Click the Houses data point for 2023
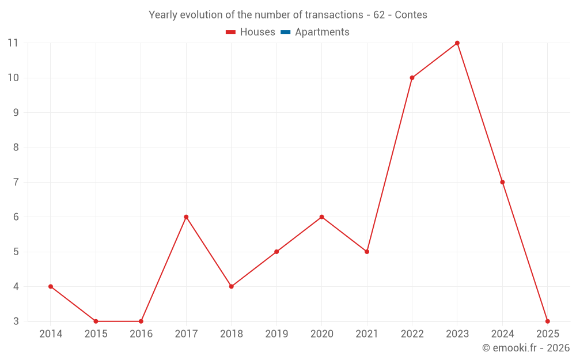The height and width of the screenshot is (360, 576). tap(457, 43)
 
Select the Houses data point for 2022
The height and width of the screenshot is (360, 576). tap(412, 78)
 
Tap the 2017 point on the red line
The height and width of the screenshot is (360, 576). tap(186, 217)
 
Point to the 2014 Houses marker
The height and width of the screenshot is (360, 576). tap(51, 286)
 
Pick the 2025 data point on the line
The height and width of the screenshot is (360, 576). tap(547, 321)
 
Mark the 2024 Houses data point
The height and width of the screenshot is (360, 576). tap(502, 182)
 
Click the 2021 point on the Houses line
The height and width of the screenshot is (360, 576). tap(367, 252)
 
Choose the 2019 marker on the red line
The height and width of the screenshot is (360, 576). tap(276, 252)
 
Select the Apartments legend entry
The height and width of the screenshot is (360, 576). tap(321, 32)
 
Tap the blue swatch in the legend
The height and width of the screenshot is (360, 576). tap(285, 32)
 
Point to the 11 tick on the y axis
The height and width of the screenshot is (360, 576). tap(13, 43)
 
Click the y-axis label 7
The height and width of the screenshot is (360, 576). tap(16, 182)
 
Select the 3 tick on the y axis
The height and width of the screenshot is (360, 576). tap(16, 321)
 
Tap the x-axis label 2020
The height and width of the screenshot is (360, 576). tap(321, 334)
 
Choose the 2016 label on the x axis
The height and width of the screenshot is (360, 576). tap(141, 334)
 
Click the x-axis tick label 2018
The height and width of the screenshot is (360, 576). tap(231, 334)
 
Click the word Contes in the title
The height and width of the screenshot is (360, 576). tap(411, 15)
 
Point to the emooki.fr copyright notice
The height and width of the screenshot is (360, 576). tap(525, 348)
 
